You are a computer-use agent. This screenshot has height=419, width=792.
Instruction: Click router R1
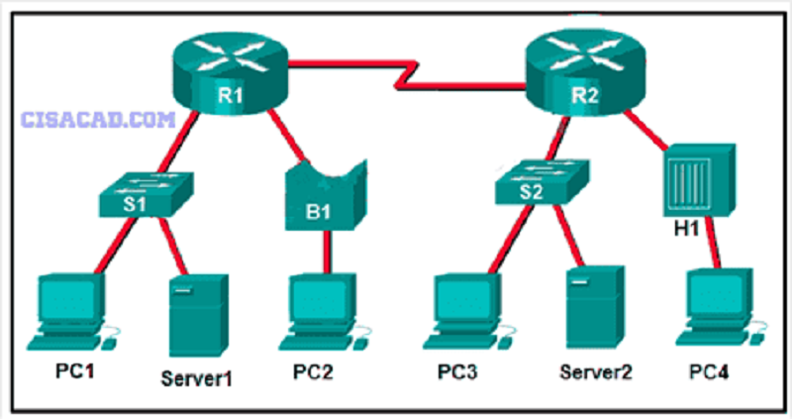click(x=231, y=74)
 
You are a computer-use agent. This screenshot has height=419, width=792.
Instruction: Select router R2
click(x=585, y=73)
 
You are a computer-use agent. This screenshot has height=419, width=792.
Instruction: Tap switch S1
click(x=146, y=194)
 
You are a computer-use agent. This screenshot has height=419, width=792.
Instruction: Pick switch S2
click(x=542, y=182)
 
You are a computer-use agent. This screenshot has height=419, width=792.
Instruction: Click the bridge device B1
click(x=326, y=197)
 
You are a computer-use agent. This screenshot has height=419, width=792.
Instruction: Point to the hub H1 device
click(x=699, y=181)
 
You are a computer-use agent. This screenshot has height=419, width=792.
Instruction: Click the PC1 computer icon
click(x=70, y=312)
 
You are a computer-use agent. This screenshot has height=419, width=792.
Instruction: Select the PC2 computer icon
click(x=324, y=312)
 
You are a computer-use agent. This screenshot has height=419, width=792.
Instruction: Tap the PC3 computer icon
click(x=467, y=311)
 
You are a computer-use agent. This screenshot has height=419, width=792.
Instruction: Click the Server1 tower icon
click(x=198, y=316)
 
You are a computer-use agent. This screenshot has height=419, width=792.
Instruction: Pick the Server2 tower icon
click(x=595, y=307)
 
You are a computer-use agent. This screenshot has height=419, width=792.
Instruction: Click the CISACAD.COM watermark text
click(x=98, y=120)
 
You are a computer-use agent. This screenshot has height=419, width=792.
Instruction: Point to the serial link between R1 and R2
click(x=407, y=76)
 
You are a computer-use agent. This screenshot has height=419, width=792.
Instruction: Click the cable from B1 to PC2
click(x=327, y=253)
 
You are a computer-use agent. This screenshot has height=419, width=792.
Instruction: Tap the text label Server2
click(x=596, y=372)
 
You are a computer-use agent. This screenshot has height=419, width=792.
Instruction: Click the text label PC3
click(x=457, y=372)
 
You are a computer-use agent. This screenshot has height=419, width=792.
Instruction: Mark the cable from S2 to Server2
click(x=570, y=236)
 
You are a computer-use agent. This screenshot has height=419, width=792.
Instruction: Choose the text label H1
click(x=686, y=229)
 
